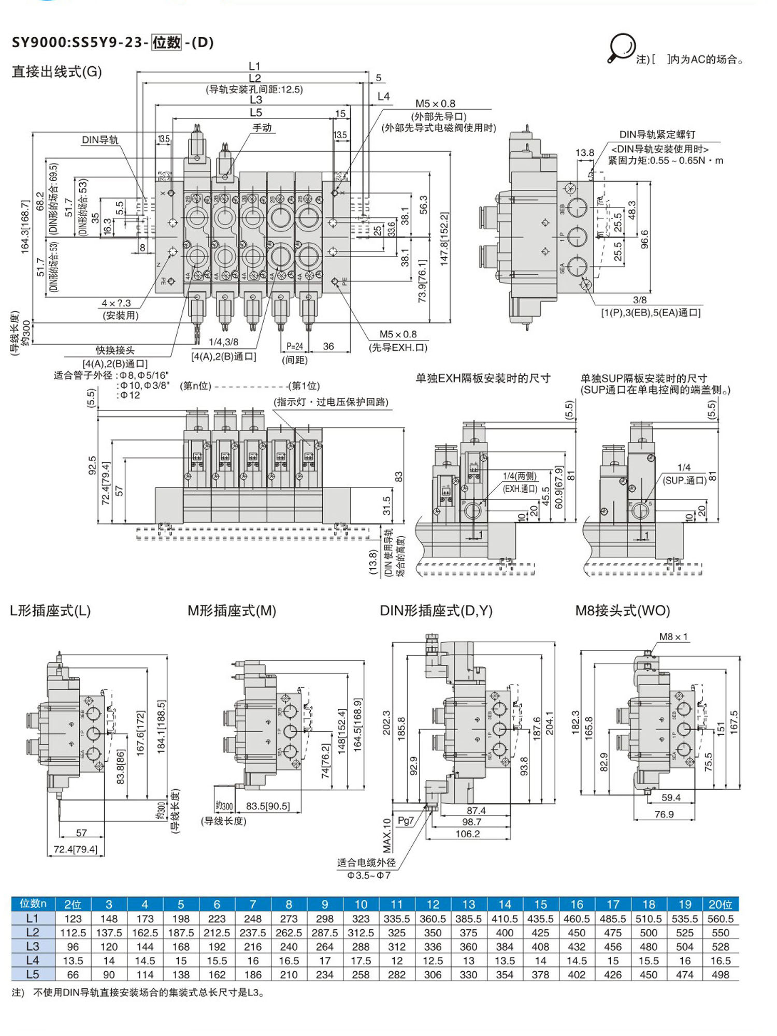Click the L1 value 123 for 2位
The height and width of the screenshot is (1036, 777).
[73, 919]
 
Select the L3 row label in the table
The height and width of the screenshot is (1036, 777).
[33, 946]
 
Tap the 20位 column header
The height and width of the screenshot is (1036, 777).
[720, 904]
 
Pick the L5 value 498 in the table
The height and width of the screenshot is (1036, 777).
[720, 974]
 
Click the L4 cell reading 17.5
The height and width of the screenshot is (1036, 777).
[361, 960]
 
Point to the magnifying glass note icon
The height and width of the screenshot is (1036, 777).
[621, 48]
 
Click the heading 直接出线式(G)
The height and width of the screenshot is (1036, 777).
[56, 71]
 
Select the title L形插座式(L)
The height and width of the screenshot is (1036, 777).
[50, 611]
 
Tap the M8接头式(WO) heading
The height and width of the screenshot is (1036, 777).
[623, 611]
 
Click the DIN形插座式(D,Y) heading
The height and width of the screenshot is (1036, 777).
[436, 611]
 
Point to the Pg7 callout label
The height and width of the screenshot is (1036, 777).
[406, 821]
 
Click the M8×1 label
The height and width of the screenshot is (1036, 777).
[673, 637]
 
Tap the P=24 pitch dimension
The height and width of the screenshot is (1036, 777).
[295, 346]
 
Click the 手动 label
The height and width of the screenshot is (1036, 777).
[262, 127]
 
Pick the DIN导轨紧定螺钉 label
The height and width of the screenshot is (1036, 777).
[657, 135]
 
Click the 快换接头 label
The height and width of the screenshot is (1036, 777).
[115, 350]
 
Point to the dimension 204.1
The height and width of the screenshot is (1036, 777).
[549, 722]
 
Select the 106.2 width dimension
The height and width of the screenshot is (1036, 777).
[468, 834]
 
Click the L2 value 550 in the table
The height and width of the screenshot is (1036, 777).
[720, 933]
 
